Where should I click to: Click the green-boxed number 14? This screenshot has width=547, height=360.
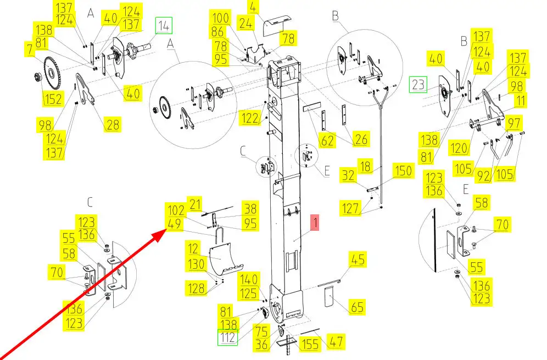(x=164, y=25)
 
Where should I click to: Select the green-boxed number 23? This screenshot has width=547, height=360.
(x=418, y=84)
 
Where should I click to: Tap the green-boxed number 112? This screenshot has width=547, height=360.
(x=227, y=337)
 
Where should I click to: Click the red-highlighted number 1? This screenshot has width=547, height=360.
(x=315, y=223)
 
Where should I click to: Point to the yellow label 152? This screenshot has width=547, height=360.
(x=53, y=98)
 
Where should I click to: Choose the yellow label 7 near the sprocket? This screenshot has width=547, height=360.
(x=30, y=49)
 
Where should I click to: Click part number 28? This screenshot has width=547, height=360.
(x=113, y=124)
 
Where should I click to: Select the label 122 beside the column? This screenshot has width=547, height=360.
(x=250, y=118)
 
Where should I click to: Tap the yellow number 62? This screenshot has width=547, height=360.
(x=327, y=140)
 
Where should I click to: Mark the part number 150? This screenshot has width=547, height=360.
(x=404, y=171)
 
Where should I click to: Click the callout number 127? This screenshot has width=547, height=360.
(x=350, y=208)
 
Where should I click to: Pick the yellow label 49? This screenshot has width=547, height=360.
(x=174, y=224)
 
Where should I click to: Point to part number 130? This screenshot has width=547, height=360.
(x=196, y=264)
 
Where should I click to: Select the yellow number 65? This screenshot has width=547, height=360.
(x=357, y=307)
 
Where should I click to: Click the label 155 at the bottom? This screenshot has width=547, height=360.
(x=310, y=344)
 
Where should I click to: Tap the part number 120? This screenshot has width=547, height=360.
(x=459, y=148)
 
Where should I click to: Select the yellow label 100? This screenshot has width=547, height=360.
(x=220, y=18)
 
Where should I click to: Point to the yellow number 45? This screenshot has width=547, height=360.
(x=358, y=259)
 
